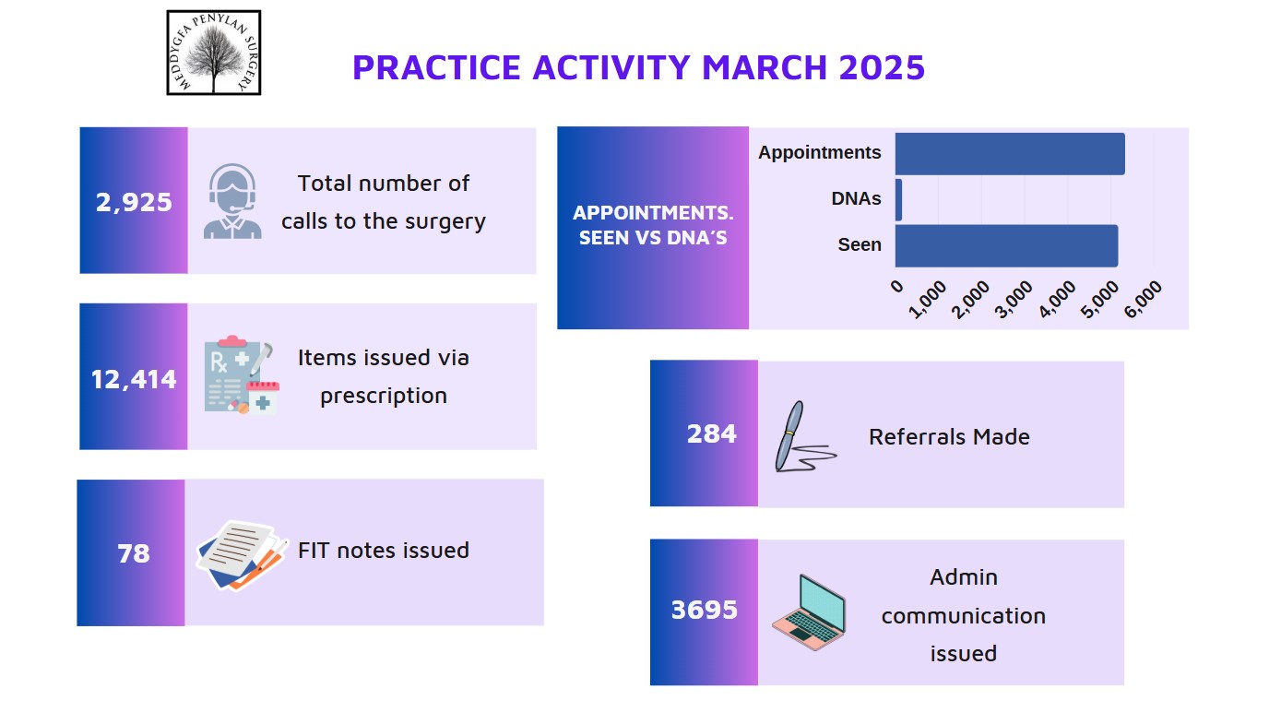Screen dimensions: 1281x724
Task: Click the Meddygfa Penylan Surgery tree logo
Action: click(214, 53)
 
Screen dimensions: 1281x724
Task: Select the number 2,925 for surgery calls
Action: click(134, 202)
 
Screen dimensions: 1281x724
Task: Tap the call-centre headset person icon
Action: click(232, 201)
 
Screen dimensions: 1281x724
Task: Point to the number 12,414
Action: click(134, 379)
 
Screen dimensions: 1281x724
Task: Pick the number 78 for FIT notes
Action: click(133, 553)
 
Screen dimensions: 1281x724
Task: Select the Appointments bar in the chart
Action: click(1010, 154)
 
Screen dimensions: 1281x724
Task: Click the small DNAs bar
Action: click(898, 199)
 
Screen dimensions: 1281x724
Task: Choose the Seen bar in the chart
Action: click(1006, 246)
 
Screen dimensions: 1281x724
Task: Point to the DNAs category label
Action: click(856, 198)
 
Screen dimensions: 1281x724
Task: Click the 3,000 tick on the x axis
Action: click(1014, 299)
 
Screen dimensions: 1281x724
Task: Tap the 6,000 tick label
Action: click(1144, 299)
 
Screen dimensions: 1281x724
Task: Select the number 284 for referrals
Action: click(711, 433)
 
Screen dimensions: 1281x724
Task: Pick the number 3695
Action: click(704, 610)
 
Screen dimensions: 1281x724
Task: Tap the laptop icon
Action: click(809, 612)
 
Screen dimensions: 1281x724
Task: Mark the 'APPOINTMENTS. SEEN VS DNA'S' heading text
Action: click(653, 225)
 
